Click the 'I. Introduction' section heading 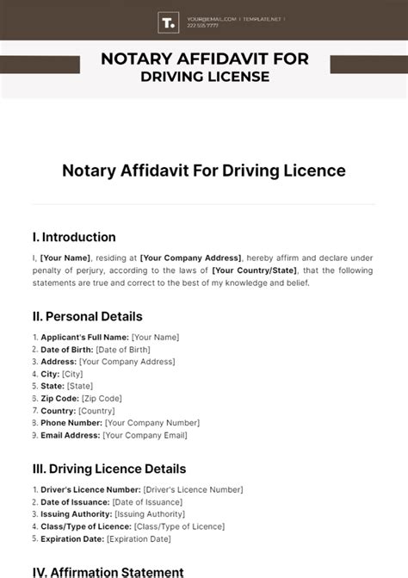73,237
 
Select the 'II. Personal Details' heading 87,316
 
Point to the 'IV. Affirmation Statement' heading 107,572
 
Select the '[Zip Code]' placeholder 102,398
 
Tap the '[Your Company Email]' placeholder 145,435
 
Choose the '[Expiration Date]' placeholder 138,539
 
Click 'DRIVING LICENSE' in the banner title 204,78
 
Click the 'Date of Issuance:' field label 75,501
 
